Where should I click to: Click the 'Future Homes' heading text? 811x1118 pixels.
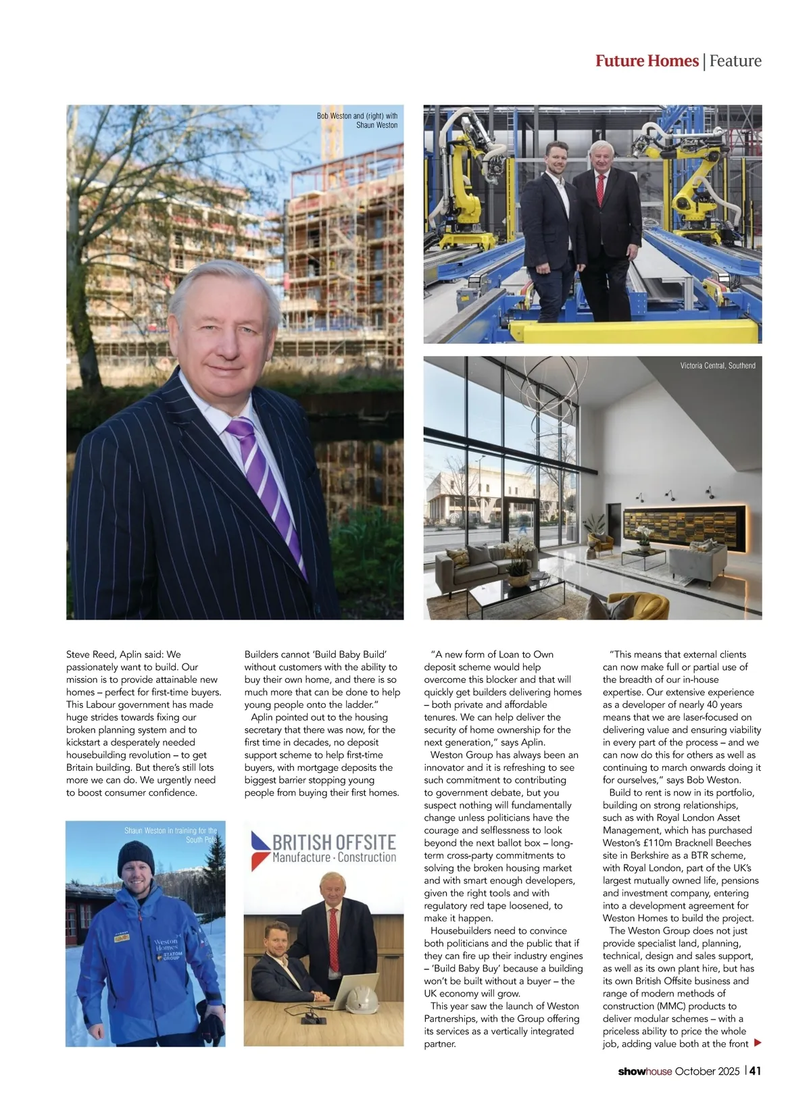(x=646, y=61)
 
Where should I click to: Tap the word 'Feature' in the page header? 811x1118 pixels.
(x=735, y=61)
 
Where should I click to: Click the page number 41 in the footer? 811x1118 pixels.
(x=756, y=1071)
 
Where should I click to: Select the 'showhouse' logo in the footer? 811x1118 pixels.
(x=635, y=1071)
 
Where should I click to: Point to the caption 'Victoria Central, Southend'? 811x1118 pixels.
(x=718, y=365)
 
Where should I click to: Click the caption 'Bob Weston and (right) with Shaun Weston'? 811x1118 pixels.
(x=358, y=120)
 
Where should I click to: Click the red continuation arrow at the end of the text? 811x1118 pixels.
(x=758, y=1043)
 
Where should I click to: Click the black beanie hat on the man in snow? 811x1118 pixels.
(x=137, y=857)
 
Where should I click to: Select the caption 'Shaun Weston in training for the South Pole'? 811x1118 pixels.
(x=171, y=835)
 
